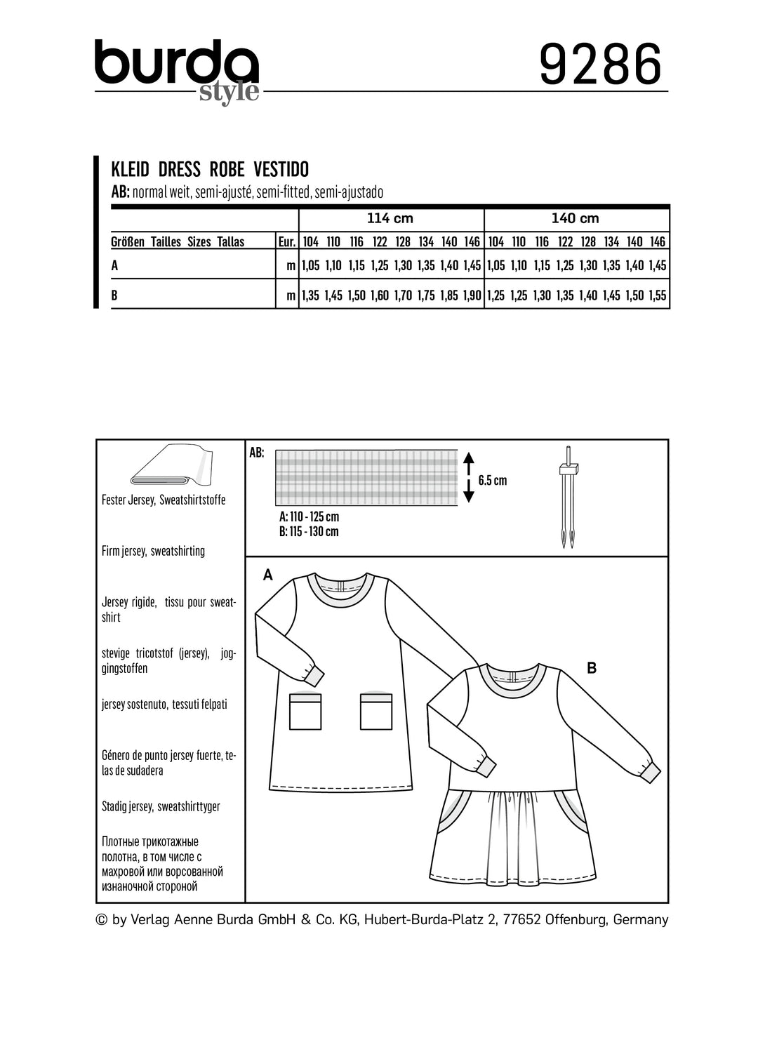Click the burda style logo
(x=177, y=71)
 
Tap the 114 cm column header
(x=390, y=218)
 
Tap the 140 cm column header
(x=575, y=218)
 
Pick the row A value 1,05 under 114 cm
(x=310, y=266)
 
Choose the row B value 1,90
(x=472, y=295)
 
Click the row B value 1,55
(x=658, y=295)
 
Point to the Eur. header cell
(x=286, y=242)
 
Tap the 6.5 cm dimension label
(x=492, y=481)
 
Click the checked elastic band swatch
(x=366, y=477)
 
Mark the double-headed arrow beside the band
(x=469, y=477)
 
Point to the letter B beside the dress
(x=591, y=668)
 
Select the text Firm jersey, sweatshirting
(x=153, y=551)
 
